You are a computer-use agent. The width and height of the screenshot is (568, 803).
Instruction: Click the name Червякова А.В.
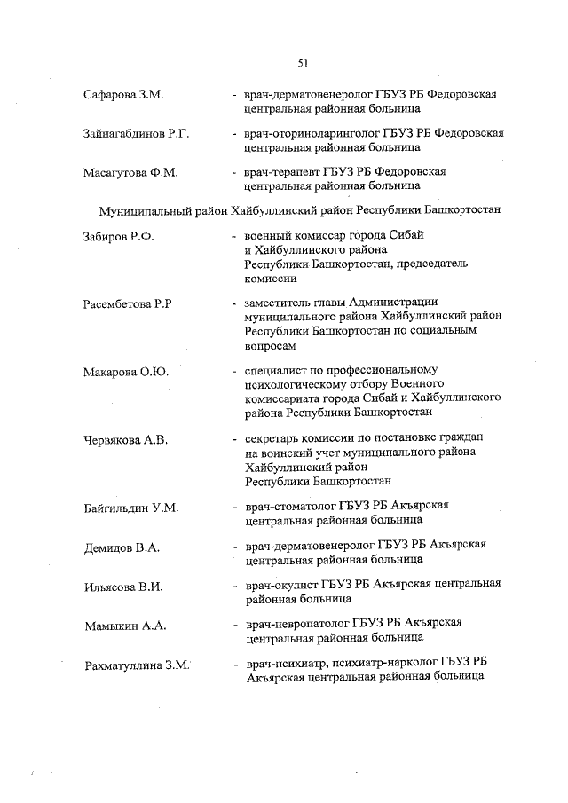coord(126,440)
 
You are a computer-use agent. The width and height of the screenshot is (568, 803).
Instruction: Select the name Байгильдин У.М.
coord(132,508)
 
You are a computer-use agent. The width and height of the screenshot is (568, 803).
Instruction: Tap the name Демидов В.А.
coord(122,547)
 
